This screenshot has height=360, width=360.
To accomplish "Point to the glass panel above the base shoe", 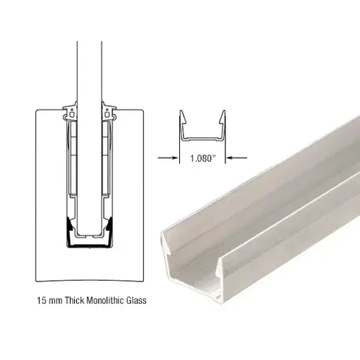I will click(x=89, y=72).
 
